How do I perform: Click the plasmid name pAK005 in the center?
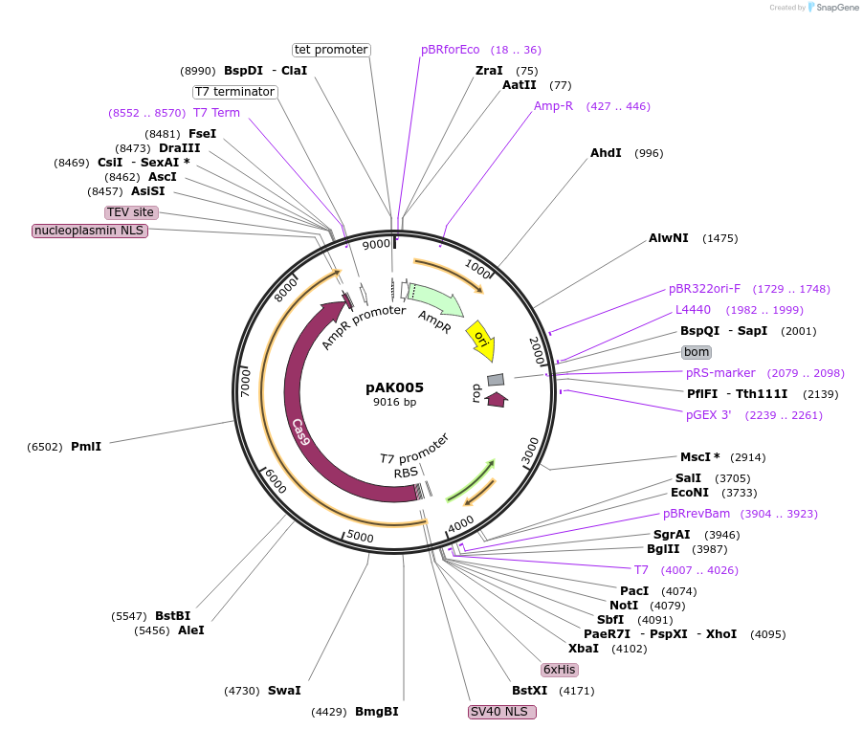394,387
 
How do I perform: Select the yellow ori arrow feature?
480,341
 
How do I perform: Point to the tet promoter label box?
331,50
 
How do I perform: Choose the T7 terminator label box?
234,92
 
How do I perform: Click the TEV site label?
131,212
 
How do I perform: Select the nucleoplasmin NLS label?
90,231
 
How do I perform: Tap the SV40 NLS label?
501,712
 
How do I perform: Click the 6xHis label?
560,670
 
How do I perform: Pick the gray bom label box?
697,352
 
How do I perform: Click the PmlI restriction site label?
86,447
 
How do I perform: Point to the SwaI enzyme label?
284,691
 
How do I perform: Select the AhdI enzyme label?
606,153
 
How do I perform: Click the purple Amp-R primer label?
553,106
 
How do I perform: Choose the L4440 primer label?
693,310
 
